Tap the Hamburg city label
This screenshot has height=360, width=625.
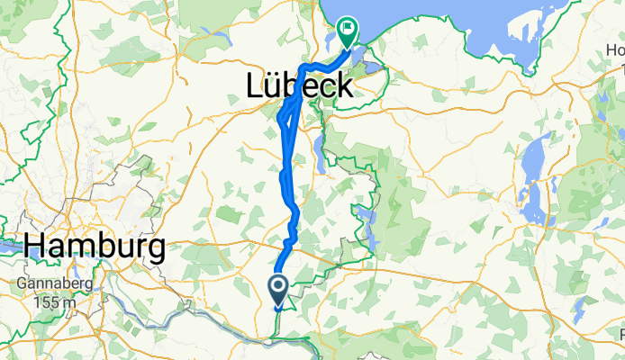[x=95, y=245]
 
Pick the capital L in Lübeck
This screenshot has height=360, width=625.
[x=255, y=85]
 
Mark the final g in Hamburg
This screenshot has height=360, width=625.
[x=154, y=247]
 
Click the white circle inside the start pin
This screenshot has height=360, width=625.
[x=277, y=287]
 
